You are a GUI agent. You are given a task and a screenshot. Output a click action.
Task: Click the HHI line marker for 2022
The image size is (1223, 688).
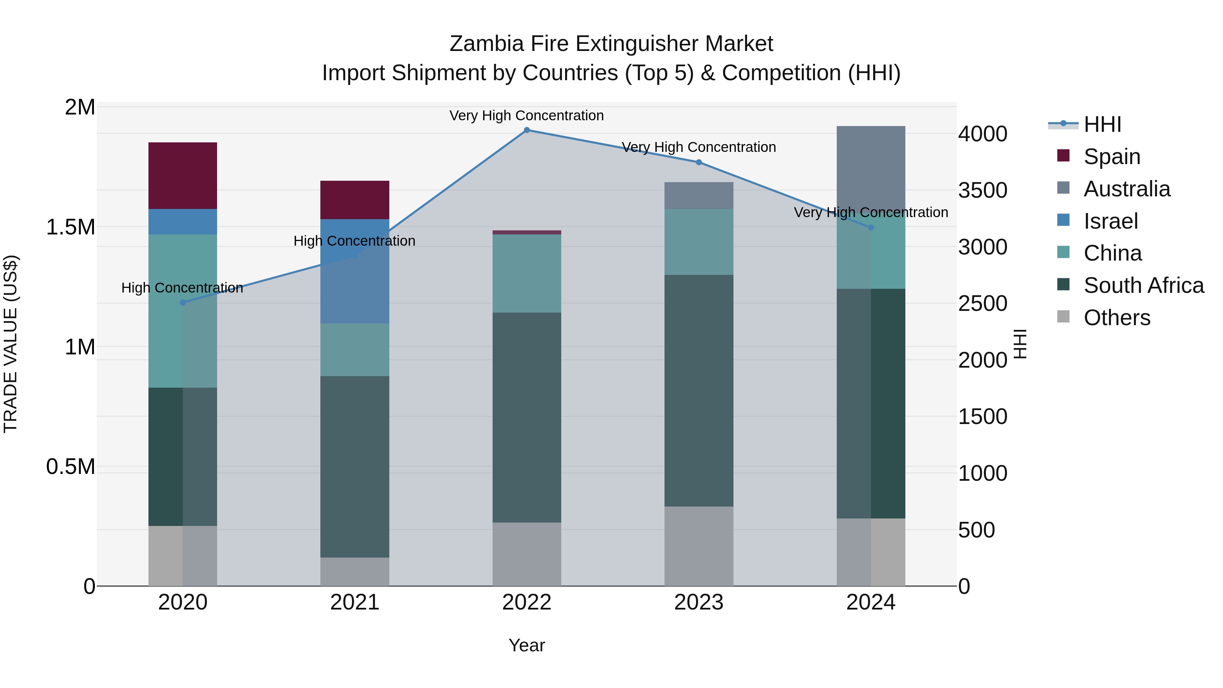click(x=527, y=130)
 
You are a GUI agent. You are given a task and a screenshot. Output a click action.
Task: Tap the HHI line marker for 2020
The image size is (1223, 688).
click(x=183, y=302)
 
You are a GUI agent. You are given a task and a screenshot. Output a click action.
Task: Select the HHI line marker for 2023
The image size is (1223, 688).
click(x=699, y=162)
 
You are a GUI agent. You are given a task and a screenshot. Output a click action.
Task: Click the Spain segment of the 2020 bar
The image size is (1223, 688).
click(x=183, y=176)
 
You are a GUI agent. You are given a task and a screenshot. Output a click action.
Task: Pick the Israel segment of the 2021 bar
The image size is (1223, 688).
click(x=355, y=271)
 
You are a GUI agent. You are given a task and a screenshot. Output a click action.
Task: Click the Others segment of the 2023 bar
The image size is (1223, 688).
click(x=699, y=546)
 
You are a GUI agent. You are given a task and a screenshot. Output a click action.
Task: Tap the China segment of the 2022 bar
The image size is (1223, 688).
click(x=527, y=274)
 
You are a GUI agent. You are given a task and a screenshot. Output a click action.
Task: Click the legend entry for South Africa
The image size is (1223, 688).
click(x=1143, y=285)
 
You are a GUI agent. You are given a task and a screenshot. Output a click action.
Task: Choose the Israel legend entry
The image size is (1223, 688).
click(x=1111, y=221)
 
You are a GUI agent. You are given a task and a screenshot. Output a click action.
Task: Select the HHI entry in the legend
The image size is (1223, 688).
click(x=1102, y=124)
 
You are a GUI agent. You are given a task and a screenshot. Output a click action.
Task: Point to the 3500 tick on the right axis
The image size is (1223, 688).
click(x=982, y=190)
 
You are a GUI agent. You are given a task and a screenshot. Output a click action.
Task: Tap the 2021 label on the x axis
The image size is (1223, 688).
click(x=355, y=602)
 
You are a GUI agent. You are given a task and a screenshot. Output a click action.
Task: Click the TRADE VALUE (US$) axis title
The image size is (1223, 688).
click(x=11, y=344)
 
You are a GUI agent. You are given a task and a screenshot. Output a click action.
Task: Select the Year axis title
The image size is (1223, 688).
click(x=527, y=645)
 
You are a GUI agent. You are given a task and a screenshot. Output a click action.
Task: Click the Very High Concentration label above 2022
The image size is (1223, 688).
click(x=527, y=116)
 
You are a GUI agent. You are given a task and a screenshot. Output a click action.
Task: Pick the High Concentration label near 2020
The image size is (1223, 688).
click(x=182, y=288)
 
